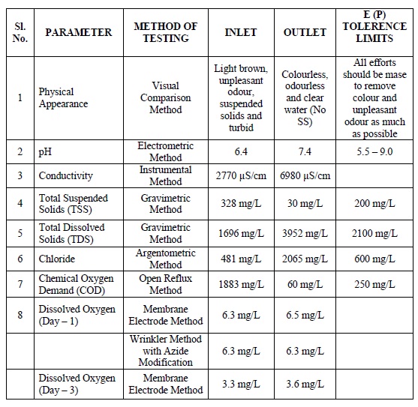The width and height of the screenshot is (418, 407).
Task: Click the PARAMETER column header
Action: [x=79, y=32]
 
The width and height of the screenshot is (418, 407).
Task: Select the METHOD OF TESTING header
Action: [x=166, y=32]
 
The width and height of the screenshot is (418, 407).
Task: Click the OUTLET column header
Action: [x=305, y=32]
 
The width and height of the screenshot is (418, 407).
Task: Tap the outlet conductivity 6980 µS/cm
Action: [x=305, y=175]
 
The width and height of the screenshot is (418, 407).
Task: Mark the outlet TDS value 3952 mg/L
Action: [x=305, y=233]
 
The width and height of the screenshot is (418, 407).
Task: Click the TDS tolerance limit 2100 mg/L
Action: [x=373, y=233]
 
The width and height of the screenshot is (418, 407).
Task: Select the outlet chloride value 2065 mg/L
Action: [x=305, y=259]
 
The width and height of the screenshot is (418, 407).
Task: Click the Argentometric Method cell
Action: [x=166, y=259]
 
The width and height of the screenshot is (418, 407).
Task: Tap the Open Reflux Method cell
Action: [x=166, y=285]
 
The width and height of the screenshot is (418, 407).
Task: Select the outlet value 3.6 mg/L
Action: [x=305, y=385]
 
